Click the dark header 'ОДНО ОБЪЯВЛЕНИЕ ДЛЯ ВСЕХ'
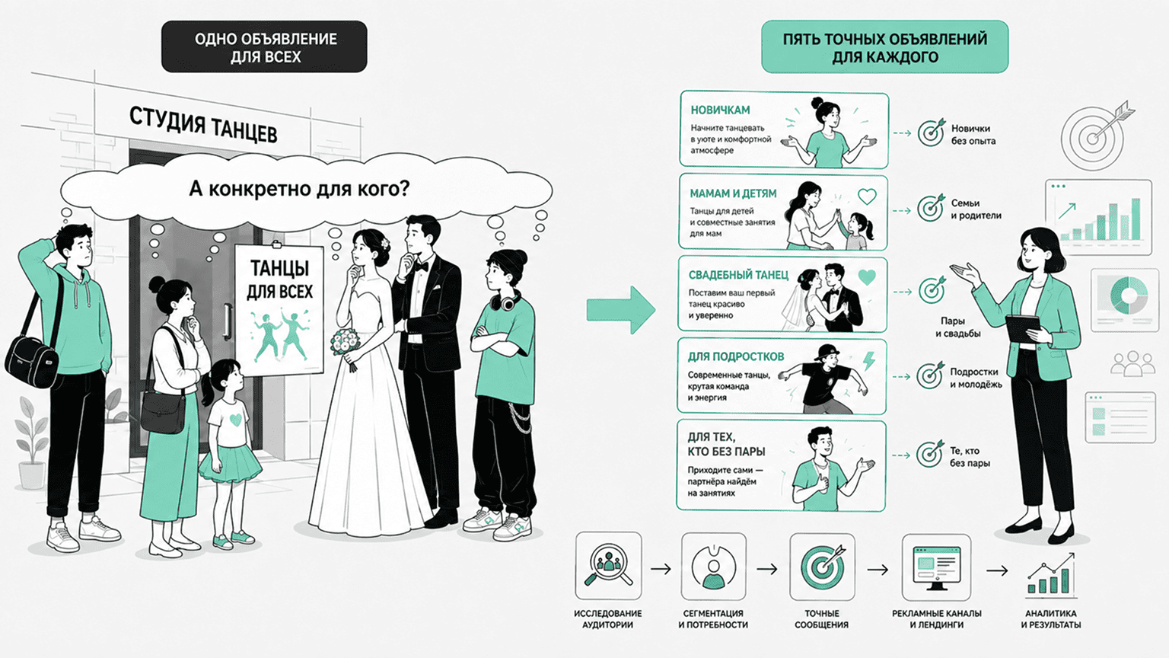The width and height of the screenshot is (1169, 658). point(264,46)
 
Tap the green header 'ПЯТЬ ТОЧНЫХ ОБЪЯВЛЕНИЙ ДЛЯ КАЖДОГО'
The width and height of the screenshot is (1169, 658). point(884,47)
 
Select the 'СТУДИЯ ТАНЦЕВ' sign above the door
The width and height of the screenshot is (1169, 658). point(203,124)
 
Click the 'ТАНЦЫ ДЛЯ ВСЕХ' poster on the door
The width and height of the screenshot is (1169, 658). point(279,310)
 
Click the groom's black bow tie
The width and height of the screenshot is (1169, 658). point(419,267)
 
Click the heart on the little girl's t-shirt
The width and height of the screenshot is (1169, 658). point(235,420)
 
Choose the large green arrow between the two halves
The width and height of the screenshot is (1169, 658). point(620,310)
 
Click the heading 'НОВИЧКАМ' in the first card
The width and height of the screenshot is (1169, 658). point(720,110)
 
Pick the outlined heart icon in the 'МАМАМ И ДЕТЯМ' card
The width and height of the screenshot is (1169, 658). point(867,196)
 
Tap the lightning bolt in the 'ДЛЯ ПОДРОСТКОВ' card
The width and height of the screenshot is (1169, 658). point(868,361)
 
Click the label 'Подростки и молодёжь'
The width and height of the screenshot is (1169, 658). point(975,378)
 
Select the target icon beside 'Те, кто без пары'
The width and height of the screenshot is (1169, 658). point(930,453)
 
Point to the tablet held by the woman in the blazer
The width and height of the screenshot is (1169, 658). point(1023,329)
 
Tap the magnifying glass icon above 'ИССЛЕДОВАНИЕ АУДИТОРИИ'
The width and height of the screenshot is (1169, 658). point(608,566)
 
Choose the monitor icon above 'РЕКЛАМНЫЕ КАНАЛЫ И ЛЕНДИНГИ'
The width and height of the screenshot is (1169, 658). point(936,567)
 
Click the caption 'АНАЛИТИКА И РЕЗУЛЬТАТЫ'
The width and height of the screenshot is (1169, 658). point(1050,619)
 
